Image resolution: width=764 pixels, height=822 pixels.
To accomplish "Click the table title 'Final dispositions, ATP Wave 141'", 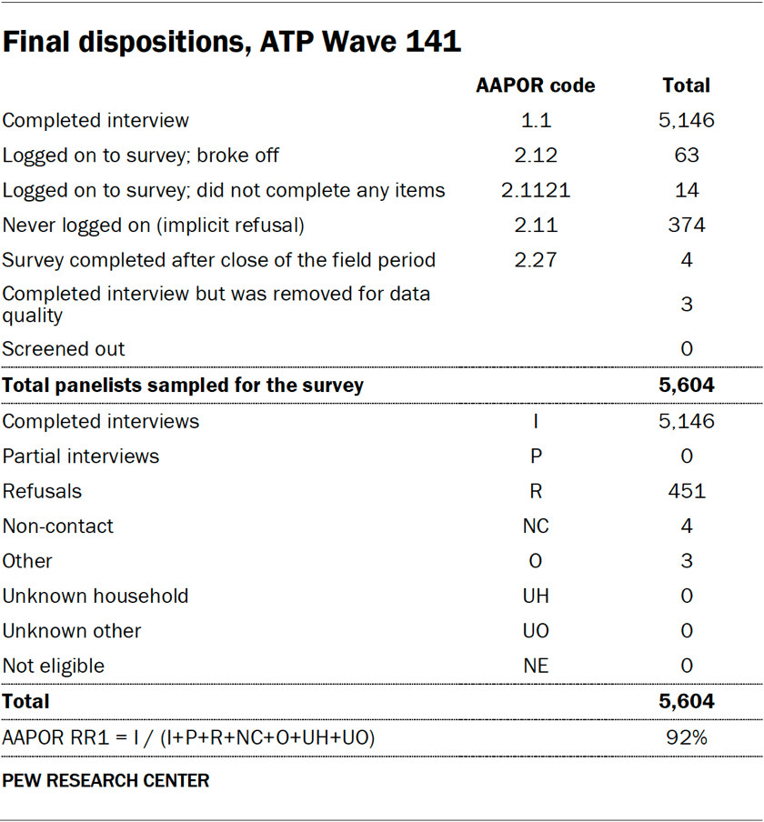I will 232,42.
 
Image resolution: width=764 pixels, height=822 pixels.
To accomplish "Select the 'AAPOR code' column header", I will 536,85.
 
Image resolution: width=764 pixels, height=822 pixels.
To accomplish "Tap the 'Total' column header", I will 687,85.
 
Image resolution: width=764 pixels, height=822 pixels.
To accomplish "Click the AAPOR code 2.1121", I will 536,190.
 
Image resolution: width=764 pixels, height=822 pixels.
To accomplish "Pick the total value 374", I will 687,226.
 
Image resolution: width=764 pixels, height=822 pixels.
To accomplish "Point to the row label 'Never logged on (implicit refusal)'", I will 154,226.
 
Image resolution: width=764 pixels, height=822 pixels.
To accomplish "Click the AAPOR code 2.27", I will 536,260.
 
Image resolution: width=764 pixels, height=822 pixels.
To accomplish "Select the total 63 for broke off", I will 687,155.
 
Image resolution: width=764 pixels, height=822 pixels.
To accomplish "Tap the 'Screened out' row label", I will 64,349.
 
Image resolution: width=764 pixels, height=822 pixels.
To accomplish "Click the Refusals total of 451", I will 687,491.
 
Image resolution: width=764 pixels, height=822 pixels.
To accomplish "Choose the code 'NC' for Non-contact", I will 536,526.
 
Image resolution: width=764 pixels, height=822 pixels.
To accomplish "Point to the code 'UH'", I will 536,596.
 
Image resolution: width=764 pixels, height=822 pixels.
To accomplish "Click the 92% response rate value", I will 687,737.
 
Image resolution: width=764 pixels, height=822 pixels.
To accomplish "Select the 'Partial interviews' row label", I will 81,456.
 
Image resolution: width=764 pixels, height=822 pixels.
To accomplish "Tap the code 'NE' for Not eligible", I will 536,666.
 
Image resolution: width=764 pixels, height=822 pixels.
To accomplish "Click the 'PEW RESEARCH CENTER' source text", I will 106,781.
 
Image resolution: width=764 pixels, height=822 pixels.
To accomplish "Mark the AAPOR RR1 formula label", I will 189,737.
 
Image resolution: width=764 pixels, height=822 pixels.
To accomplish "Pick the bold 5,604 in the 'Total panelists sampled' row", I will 687,386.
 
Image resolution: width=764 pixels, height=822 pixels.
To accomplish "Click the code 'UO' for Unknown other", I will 536,631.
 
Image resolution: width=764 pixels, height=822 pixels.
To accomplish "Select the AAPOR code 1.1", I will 536,120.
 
